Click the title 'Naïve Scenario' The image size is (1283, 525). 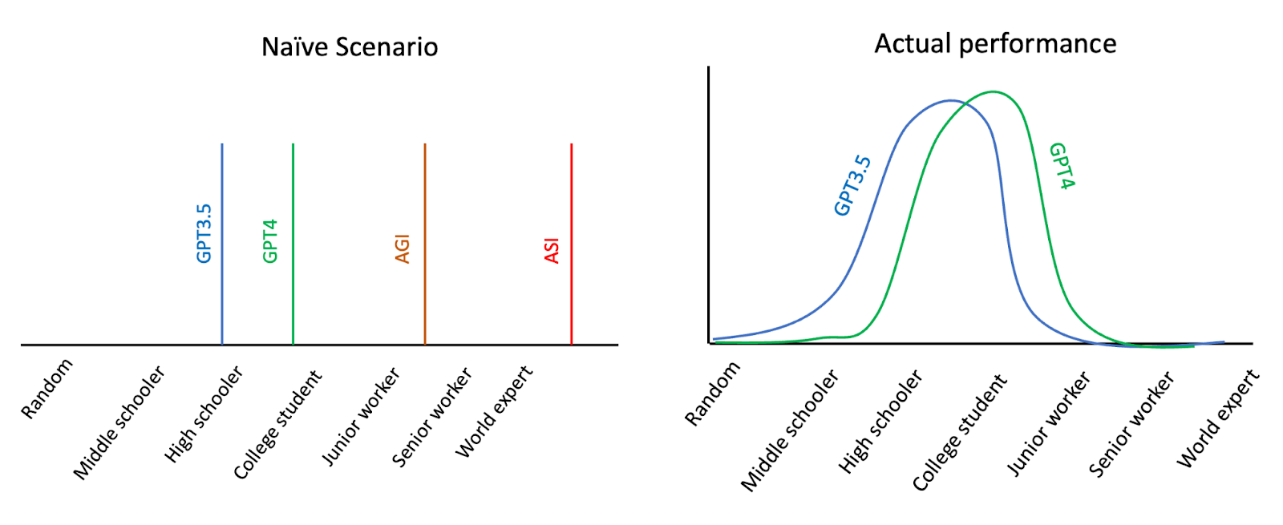click(350, 47)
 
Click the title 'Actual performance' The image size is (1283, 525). click(995, 43)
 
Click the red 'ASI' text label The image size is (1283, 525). click(552, 251)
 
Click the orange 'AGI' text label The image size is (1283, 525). click(403, 249)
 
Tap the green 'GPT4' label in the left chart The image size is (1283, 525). click(270, 240)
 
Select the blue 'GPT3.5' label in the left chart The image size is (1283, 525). click(204, 233)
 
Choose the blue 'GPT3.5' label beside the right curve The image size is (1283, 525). click(852, 186)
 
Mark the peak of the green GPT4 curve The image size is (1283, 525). click(994, 92)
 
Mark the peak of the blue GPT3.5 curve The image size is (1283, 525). click(951, 101)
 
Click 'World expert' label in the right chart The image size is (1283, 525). click(1217, 418)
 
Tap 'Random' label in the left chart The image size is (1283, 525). click(47, 389)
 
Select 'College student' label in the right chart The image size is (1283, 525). click(959, 432)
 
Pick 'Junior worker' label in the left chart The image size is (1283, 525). click(360, 417)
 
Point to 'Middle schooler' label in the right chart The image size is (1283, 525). click(790, 430)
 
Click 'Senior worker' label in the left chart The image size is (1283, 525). click(431, 417)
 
